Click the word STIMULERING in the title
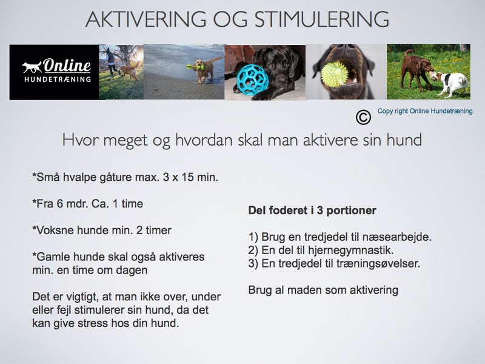[322, 19]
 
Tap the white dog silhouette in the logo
[32, 67]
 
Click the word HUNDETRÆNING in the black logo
[58, 79]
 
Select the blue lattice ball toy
[250, 79]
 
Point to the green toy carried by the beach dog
[195, 67]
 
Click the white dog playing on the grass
[450, 82]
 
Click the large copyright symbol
[363, 117]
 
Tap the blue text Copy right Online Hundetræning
[425, 111]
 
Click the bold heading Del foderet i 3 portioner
[312, 211]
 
